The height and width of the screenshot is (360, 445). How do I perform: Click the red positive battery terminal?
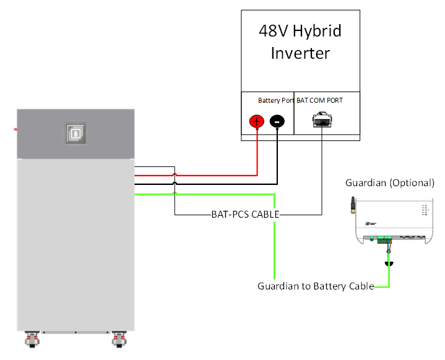[257, 121]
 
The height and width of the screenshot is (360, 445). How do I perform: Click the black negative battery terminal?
[278, 121]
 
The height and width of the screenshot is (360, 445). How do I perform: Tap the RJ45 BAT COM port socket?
[322, 119]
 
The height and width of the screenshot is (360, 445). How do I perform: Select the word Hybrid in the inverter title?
[317, 31]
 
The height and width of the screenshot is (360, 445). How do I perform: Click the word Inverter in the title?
[300, 53]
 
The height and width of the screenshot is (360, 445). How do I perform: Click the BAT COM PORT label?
[319, 100]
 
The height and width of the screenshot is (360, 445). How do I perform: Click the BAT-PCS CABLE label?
[244, 215]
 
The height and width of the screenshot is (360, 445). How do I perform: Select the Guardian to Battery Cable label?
[316, 286]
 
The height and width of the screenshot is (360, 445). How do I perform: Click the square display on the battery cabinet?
[76, 133]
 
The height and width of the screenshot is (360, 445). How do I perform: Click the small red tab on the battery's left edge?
[15, 129]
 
